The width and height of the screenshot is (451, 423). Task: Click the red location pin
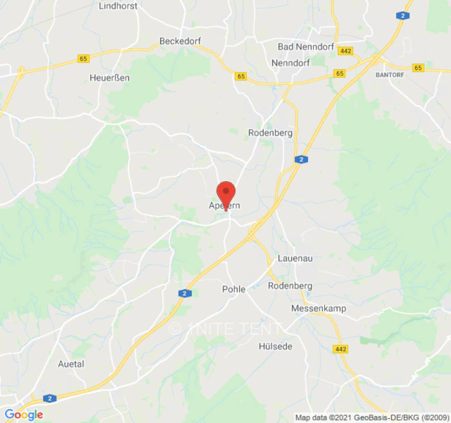[x=226, y=194]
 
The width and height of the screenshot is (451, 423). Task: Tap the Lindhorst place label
[x=118, y=6]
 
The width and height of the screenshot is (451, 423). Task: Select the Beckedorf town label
[x=180, y=41]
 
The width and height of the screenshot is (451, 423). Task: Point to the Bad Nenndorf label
[x=306, y=47]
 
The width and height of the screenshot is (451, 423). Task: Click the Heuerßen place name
[x=109, y=78]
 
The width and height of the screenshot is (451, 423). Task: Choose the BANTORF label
[x=390, y=75]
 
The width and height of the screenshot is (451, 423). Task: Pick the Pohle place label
[x=233, y=289]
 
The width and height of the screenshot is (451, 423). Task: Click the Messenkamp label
[x=318, y=308]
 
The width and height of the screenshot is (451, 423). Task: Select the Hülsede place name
[x=275, y=346]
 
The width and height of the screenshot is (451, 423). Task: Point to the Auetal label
[x=71, y=364]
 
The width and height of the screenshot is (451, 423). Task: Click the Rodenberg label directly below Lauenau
[x=290, y=286]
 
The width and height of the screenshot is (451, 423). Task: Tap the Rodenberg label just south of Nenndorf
[x=270, y=133]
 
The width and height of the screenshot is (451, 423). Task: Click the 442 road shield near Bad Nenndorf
[x=346, y=51]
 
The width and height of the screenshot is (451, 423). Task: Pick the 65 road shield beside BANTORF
[x=419, y=68]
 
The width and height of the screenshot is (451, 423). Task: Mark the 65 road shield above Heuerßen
[x=84, y=59]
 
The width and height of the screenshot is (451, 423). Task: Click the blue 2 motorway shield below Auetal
[x=50, y=398]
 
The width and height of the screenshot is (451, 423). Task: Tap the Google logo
[x=23, y=415]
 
